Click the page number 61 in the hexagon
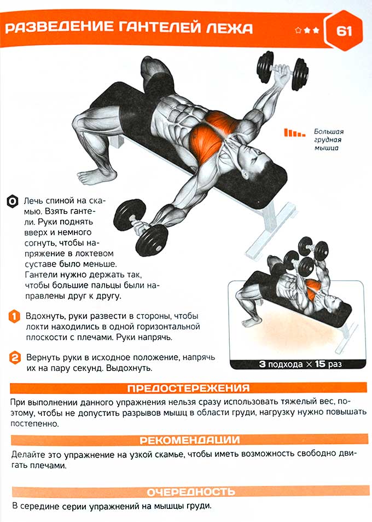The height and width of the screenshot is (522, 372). tap(344, 31)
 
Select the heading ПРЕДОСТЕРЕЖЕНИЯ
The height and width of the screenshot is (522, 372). tap(188, 388)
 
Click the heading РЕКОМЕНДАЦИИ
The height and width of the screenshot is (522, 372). tap(189, 440)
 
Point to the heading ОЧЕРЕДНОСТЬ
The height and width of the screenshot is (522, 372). tap(191, 491)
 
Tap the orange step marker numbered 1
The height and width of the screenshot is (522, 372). tap(14, 316)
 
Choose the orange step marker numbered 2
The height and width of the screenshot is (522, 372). tap(15, 358)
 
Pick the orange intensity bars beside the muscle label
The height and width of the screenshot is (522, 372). tap(294, 133)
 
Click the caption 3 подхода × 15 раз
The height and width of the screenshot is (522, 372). tap(300, 364)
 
